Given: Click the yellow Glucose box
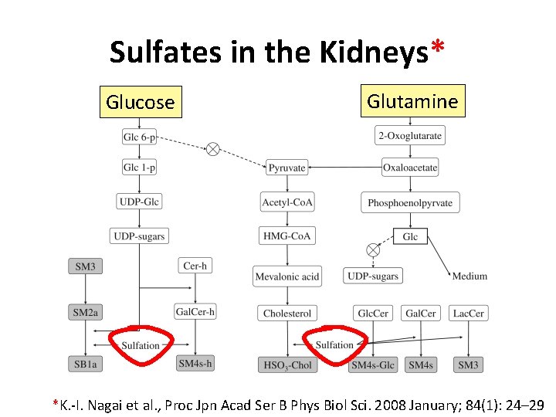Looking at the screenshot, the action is click(x=141, y=101).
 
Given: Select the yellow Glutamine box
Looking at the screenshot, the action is click(x=412, y=100).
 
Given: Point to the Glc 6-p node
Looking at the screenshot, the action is click(x=139, y=137).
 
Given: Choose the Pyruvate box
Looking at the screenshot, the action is click(x=286, y=167).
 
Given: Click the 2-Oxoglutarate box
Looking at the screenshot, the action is click(x=410, y=137).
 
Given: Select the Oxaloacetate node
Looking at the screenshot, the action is click(x=410, y=167).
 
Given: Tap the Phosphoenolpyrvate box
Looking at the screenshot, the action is click(x=410, y=203).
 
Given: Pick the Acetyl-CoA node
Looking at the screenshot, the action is click(x=287, y=203).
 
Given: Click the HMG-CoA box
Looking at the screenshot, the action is click(x=287, y=236).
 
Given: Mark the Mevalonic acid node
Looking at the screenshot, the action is click(x=287, y=276).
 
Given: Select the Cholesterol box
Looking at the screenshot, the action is click(x=287, y=314).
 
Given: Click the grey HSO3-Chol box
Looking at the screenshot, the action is click(x=287, y=364).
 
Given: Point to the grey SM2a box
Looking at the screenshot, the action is click(x=86, y=313).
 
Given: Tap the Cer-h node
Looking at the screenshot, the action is click(x=195, y=266).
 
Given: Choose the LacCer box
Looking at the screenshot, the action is click(x=469, y=314).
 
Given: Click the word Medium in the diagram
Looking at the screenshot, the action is click(x=470, y=276).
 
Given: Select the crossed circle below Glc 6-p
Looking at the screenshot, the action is click(x=212, y=150).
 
